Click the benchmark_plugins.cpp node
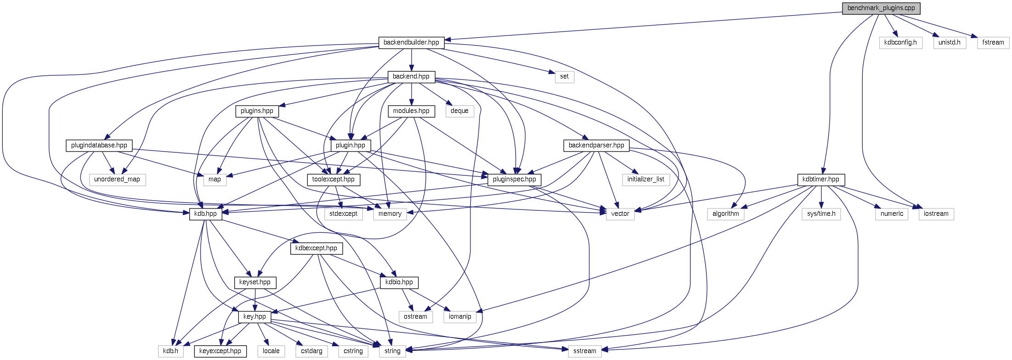[881, 8]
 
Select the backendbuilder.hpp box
[411, 43]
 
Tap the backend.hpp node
[411, 77]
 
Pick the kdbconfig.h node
[900, 43]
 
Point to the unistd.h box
[949, 43]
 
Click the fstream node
[993, 43]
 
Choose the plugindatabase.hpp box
[99, 146]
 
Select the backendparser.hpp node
[596, 146]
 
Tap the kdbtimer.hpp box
[820, 180]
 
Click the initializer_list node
[645, 180]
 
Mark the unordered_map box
[117, 180]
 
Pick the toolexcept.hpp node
[333, 180]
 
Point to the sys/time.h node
[821, 214]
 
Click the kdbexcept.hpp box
[316, 248]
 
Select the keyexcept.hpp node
[220, 351]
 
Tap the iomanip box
[460, 317]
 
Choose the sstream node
[584, 351]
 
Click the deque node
[459, 111]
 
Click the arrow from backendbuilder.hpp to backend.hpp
[411, 60]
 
